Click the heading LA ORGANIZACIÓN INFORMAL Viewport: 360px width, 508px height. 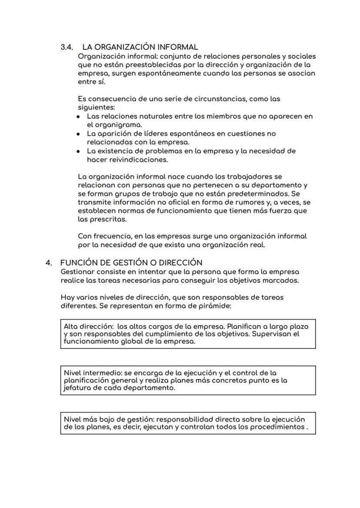[x=140, y=47]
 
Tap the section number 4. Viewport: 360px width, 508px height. [x=49, y=262]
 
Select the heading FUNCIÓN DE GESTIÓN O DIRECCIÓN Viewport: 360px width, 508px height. [x=131, y=262]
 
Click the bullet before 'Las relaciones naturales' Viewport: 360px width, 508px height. [x=78, y=117]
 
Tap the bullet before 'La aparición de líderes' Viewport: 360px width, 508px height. [x=78, y=134]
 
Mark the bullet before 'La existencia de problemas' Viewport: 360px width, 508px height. [x=78, y=152]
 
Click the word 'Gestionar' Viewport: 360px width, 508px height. [x=79, y=272]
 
